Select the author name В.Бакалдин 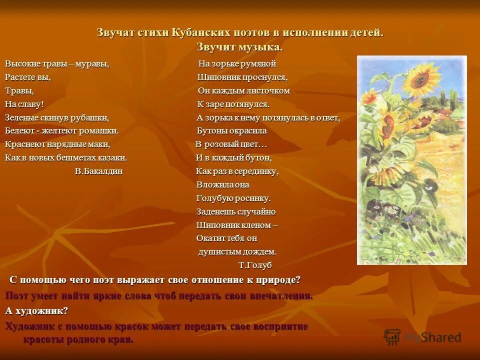(98, 171)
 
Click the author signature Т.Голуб (255, 265)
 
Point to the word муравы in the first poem (92, 64)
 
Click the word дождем (259, 251)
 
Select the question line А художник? (36, 310)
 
